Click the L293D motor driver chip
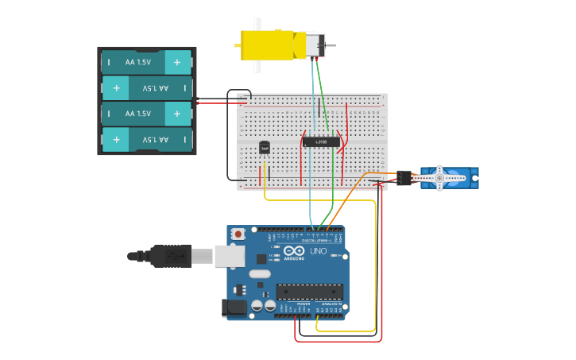point(321,141)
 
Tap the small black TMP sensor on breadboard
point(265,147)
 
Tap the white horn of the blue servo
point(439,178)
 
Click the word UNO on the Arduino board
point(318,251)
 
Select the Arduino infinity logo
point(293,252)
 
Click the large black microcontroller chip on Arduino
point(310,292)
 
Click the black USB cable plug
point(171,256)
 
